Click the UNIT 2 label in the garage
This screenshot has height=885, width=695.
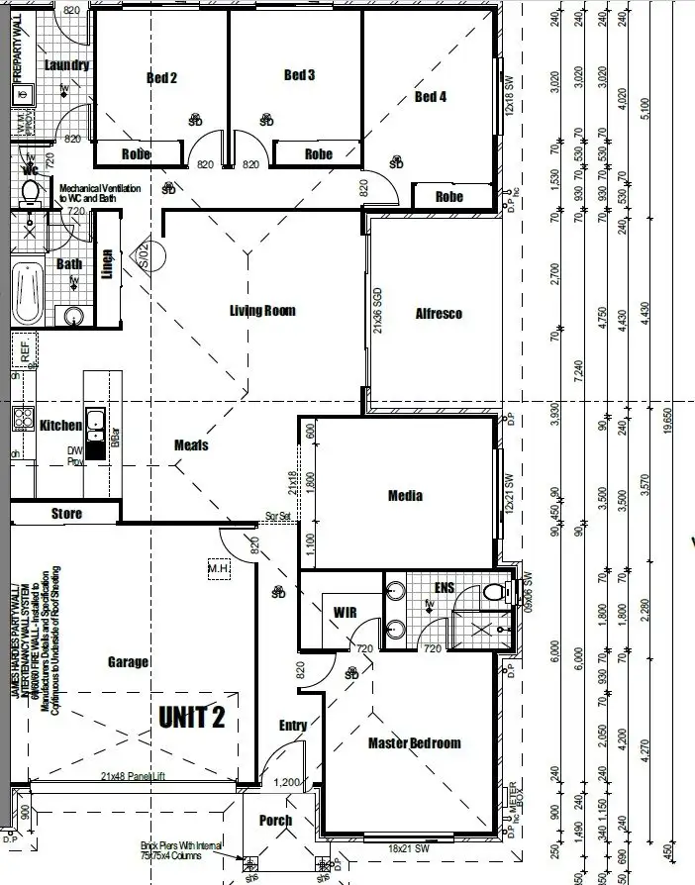tap(192, 718)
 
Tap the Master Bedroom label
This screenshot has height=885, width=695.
tap(414, 743)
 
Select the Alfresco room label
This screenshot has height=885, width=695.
tap(439, 314)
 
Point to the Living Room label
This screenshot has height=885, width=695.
tap(262, 311)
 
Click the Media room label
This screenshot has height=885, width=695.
tap(406, 496)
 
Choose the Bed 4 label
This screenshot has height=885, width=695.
tap(430, 96)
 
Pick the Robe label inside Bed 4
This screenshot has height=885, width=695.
tap(449, 197)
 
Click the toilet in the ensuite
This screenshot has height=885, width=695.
tap(492, 593)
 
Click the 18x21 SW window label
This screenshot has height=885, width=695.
tap(408, 848)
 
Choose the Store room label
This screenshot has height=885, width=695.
tap(66, 514)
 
